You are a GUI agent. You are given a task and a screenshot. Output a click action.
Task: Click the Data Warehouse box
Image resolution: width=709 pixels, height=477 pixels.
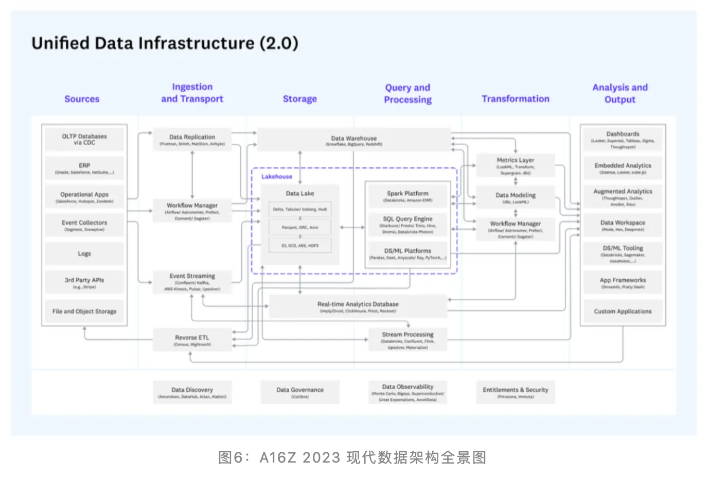[354, 140]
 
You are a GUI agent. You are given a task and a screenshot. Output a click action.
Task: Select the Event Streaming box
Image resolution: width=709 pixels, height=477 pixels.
[192, 282]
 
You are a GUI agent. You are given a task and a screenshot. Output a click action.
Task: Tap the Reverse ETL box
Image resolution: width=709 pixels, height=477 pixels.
[192, 340]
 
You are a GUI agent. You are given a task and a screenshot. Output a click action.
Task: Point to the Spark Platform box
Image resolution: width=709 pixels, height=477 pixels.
[407, 196]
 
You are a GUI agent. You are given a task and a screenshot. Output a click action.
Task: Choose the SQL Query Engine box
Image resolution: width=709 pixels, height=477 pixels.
[407, 225]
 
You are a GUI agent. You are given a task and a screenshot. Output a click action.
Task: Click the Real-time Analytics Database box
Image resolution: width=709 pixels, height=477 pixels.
[358, 306]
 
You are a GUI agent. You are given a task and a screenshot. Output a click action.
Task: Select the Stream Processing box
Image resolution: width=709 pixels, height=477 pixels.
[407, 340]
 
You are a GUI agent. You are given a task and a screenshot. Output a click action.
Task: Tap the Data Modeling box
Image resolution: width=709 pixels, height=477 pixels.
[516, 198]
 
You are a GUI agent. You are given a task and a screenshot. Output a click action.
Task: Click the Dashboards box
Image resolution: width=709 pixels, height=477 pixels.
[623, 140]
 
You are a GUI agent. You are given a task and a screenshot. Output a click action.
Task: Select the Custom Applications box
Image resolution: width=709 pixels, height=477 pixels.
[623, 312]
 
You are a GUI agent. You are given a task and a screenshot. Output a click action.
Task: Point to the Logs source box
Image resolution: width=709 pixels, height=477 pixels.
[84, 254]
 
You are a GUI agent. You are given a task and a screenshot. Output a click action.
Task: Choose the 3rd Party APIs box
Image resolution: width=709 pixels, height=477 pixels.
[84, 282]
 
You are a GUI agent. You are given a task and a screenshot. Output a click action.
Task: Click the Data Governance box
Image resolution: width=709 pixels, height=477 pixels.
[300, 393]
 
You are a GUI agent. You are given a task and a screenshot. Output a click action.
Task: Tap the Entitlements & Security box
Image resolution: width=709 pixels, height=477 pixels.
[516, 393]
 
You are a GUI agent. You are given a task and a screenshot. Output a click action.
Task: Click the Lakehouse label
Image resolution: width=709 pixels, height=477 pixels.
[277, 177]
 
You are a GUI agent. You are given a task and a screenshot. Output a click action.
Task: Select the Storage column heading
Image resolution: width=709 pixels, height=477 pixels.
[300, 99]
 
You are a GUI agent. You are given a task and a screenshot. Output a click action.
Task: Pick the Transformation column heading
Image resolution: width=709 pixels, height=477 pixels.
[516, 99]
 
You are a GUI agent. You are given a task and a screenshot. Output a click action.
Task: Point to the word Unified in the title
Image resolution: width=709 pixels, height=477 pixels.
[61, 43]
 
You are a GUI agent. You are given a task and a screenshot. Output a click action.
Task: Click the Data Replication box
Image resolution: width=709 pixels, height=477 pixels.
[192, 140]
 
